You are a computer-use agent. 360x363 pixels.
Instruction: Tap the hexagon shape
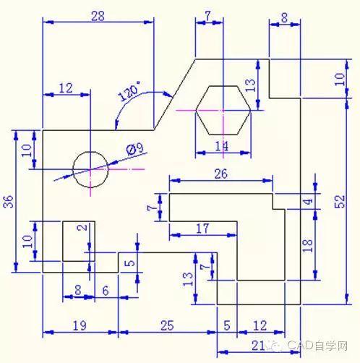coord(224,110)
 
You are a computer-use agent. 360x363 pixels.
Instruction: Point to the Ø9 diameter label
coord(134,149)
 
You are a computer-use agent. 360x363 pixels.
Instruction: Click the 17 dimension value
coord(202,229)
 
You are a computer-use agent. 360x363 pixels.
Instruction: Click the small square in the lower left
coord(75,241)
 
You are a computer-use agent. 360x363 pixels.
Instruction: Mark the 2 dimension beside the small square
coord(82,228)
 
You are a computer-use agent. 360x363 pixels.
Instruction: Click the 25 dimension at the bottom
coord(166,326)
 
